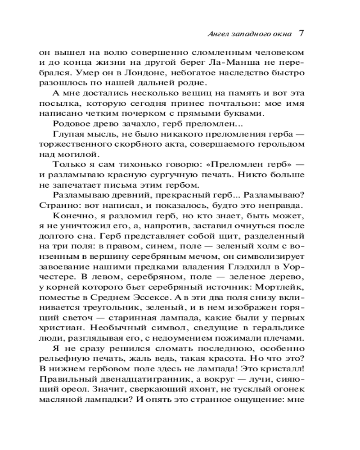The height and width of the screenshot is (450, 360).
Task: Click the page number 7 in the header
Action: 302,33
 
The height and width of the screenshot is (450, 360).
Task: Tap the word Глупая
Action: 68,135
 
